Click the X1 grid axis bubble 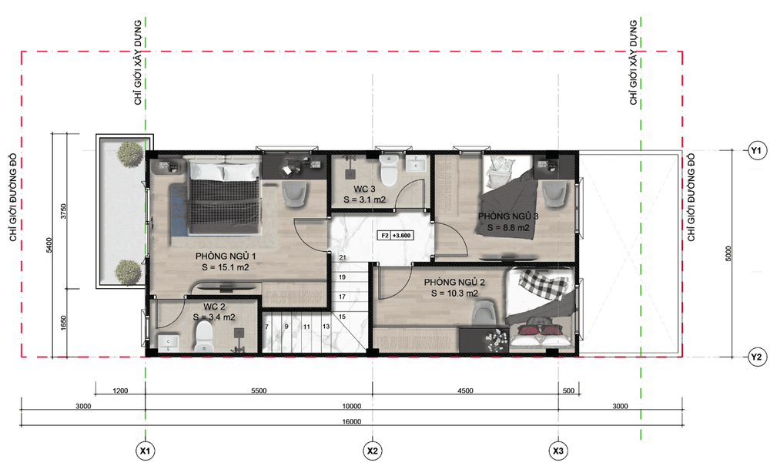[146, 450]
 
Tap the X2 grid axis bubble [372, 450]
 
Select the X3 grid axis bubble [558, 450]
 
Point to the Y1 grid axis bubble [756, 151]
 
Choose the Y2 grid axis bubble [756, 357]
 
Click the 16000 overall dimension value [352, 421]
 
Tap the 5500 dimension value [259, 391]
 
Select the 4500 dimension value [465, 391]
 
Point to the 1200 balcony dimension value [120, 391]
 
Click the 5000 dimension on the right [728, 253]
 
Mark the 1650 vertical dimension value [63, 323]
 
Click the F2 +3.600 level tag [395, 235]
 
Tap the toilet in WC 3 [389, 170]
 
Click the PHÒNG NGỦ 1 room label [226, 256]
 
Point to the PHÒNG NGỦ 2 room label [455, 282]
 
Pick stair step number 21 [343, 257]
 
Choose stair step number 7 [267, 326]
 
